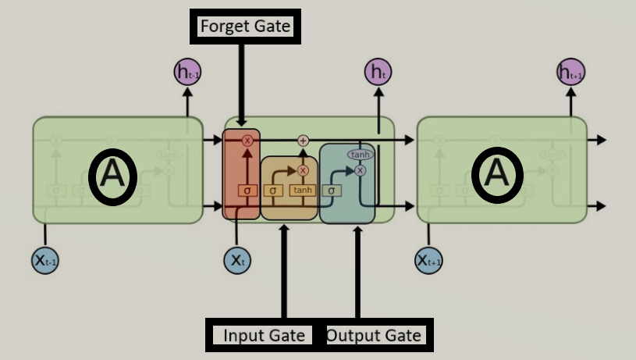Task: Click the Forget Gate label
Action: tap(245, 27)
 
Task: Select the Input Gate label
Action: tap(263, 336)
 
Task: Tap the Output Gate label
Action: tap(374, 336)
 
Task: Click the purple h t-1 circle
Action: tap(187, 73)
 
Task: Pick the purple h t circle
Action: tap(378, 73)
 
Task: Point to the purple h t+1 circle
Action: tap(570, 73)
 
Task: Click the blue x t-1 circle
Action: tap(45, 260)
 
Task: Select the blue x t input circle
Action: tap(237, 259)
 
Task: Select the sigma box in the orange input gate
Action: tap(273, 190)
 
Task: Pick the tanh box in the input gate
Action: tap(302, 190)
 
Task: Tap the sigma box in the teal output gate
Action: tap(331, 190)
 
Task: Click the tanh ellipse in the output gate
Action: tap(360, 155)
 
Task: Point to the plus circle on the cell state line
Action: tap(304, 141)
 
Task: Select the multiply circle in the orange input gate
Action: tap(304, 170)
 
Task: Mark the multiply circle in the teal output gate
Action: tap(360, 170)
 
